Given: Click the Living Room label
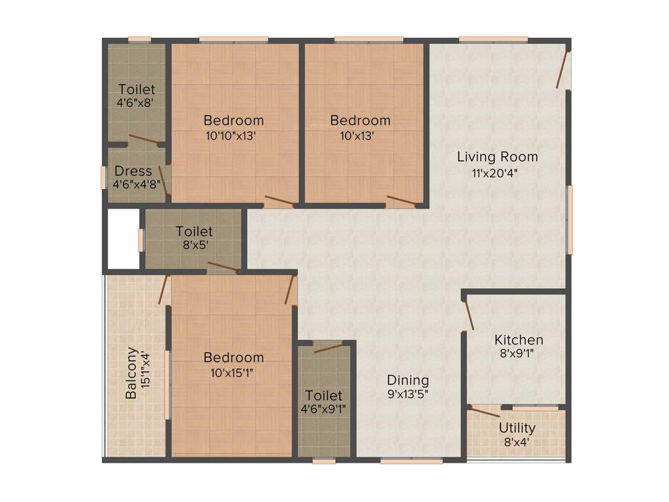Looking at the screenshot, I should pyautogui.click(x=497, y=157).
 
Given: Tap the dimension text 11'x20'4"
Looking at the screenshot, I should pyautogui.click(x=497, y=173).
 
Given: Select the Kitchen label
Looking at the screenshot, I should pyautogui.click(x=518, y=340).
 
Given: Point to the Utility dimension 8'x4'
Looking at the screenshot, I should pyautogui.click(x=517, y=442).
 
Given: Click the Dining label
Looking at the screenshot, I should pyautogui.click(x=408, y=380).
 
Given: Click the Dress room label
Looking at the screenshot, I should pyautogui.click(x=133, y=171).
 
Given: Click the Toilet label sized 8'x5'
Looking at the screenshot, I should pyautogui.click(x=194, y=231).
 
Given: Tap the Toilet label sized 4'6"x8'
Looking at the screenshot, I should pyautogui.click(x=136, y=89).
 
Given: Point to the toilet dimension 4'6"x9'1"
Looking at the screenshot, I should pyautogui.click(x=324, y=410).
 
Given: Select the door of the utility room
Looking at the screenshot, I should pyautogui.click(x=485, y=412).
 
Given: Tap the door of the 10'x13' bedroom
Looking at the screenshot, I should pyautogui.click(x=400, y=201).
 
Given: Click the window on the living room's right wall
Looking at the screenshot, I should pyautogui.click(x=569, y=220).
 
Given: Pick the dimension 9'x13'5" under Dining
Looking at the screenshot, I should pyautogui.click(x=408, y=394).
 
